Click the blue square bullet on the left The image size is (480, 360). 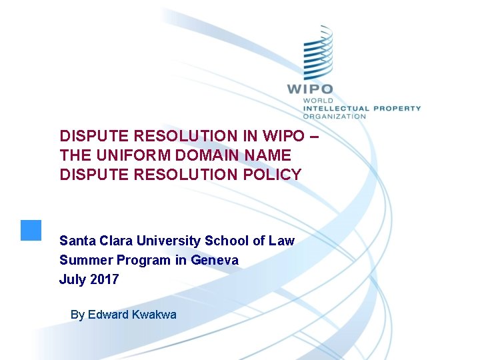tap(31, 230)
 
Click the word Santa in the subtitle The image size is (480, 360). tap(75, 241)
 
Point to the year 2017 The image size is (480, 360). tap(105, 279)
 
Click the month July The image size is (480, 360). tap(72, 279)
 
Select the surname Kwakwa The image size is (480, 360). tap(155, 315)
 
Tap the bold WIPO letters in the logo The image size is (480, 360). tap(309, 89)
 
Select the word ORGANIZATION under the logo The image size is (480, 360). tap(335, 116)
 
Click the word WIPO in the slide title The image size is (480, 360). tap(287, 136)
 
